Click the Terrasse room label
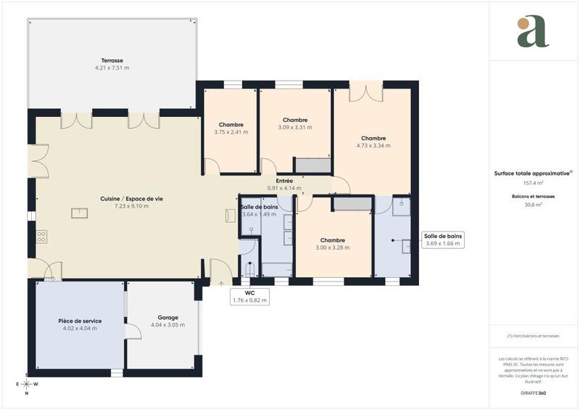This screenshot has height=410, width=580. click(112, 60)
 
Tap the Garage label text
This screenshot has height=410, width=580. click(167, 317)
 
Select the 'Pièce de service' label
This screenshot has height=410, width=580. click(80, 321)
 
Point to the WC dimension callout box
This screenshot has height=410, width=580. click(249, 296)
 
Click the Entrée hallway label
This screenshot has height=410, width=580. click(284, 181)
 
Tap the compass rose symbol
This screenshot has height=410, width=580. click(26, 384)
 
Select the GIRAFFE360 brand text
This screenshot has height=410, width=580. click(533, 392)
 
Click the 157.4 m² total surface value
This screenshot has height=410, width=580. click(533, 184)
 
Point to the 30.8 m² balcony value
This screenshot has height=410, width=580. click(533, 205)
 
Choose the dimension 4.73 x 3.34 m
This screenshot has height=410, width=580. click(373, 146)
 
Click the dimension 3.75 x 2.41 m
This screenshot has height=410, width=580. click(231, 132)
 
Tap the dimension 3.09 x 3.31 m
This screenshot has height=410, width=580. click(295, 127)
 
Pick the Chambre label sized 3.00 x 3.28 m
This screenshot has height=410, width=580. click(333, 240)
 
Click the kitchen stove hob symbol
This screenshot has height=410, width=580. click(42, 236)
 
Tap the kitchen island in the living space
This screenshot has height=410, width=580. click(79, 213)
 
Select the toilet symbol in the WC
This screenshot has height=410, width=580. click(251, 269)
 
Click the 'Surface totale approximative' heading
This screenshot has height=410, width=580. click(533, 173)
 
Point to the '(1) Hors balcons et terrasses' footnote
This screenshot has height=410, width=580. click(533, 336)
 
